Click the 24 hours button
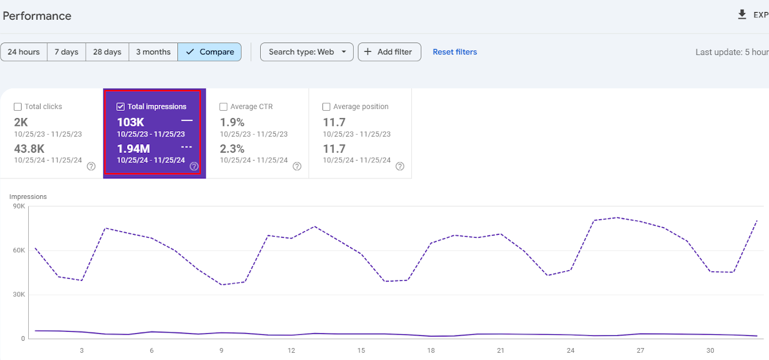(x=24, y=52)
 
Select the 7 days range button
(x=67, y=52)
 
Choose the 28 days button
(x=107, y=52)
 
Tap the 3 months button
(x=153, y=52)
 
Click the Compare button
(x=209, y=52)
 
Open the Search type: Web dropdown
(x=306, y=52)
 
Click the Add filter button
(x=390, y=52)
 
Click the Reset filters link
(x=454, y=52)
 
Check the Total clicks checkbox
(x=17, y=107)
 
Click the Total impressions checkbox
(x=120, y=107)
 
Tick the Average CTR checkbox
(x=224, y=107)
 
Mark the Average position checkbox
(x=327, y=107)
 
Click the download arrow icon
(x=742, y=15)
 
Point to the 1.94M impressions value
(x=134, y=149)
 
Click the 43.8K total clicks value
(x=29, y=149)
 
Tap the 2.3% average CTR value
(x=232, y=149)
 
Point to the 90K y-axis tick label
(x=19, y=206)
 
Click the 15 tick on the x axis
(x=361, y=350)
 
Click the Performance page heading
(x=37, y=16)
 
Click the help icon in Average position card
(x=400, y=167)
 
